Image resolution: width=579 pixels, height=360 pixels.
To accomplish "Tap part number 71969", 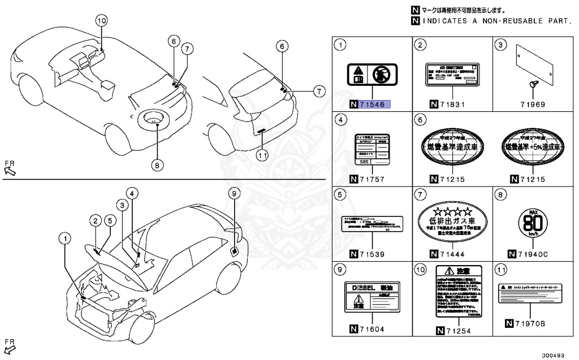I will tap(533, 104).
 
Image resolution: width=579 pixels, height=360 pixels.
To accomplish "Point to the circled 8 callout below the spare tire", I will tap(157, 165).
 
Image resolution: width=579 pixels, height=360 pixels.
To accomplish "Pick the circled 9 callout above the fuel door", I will tap(235, 194).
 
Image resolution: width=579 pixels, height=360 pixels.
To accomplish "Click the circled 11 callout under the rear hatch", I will tap(262, 154).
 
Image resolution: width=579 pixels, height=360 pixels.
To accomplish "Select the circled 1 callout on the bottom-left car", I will tap(66, 239).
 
